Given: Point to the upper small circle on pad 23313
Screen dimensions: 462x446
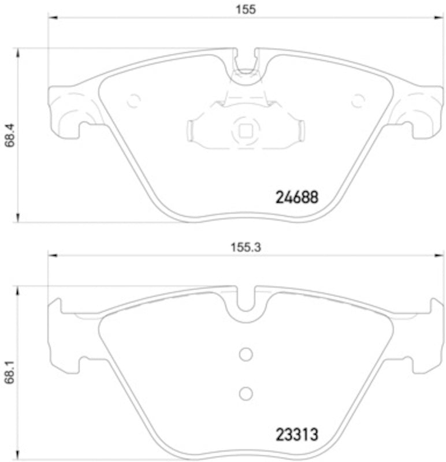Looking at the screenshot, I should click(x=246, y=353).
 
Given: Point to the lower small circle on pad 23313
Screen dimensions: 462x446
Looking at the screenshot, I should click(x=246, y=393).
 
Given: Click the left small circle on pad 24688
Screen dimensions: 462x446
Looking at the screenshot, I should click(x=133, y=100).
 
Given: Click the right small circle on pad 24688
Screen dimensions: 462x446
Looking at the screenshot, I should click(x=359, y=100).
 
